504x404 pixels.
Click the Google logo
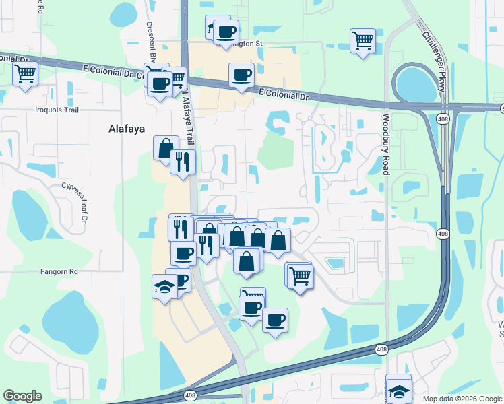tap(22, 396)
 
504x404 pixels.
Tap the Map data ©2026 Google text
tap(462, 399)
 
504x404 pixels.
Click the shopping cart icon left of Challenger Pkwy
tap(363, 40)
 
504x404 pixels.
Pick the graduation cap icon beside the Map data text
tap(399, 390)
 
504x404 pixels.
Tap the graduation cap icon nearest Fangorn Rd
tap(164, 286)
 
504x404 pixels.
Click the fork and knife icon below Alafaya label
tap(182, 162)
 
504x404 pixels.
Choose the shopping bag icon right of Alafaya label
tap(166, 147)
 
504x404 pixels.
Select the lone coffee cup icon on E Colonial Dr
tap(241, 75)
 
